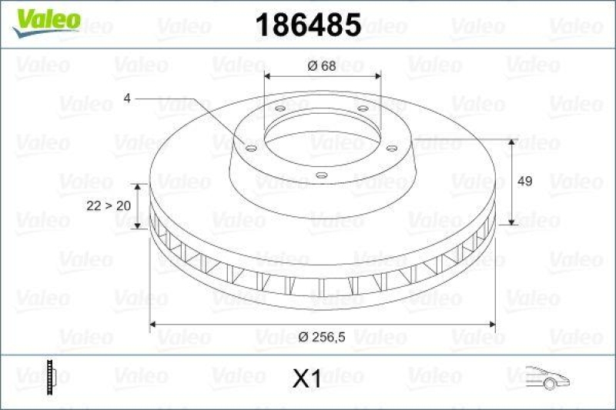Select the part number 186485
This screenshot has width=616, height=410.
click(x=307, y=26)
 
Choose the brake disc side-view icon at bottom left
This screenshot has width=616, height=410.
click(x=52, y=376)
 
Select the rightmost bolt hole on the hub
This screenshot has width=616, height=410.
click(x=391, y=147)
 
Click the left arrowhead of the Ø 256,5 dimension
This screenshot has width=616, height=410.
click(x=153, y=325)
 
